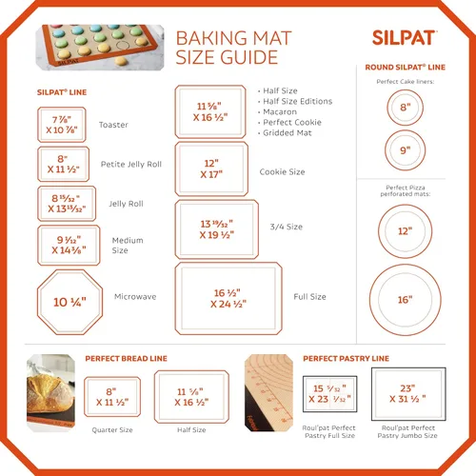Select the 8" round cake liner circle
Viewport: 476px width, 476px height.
405,108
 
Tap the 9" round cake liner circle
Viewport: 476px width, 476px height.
405,149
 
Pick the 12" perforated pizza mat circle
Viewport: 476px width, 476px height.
405,230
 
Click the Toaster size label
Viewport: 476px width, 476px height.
113,125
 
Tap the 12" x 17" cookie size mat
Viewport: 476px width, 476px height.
211,169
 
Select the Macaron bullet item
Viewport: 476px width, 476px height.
278,111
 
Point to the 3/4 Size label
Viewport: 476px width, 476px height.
287,227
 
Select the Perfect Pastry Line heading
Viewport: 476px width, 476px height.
346,358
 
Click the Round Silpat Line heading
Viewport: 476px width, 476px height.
405,68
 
